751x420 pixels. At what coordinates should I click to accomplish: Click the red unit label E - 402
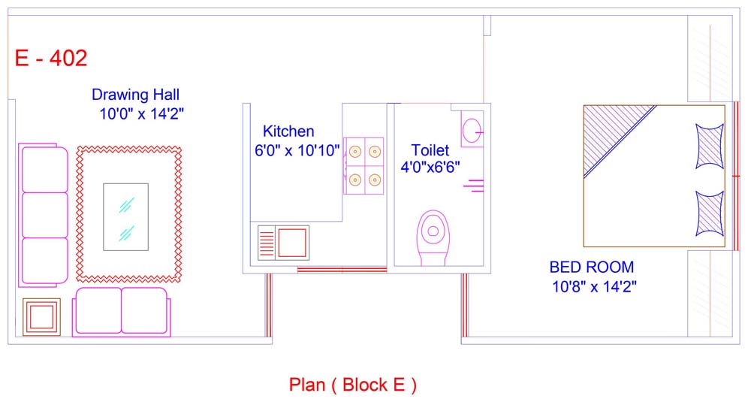pos(51,59)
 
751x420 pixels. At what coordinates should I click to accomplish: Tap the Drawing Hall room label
pos(135,95)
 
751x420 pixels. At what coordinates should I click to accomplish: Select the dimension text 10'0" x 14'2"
pos(141,114)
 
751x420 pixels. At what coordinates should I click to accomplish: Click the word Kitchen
pos(288,131)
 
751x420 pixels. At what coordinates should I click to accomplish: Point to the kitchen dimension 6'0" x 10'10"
pos(297,150)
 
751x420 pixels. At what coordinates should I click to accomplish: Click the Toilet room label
pos(430,150)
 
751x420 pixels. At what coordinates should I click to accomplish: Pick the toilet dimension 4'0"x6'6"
pos(430,167)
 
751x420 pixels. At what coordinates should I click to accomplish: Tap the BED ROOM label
pos(592,267)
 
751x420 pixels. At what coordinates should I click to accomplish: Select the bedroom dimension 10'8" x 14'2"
pos(594,287)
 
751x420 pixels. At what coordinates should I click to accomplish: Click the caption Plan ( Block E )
pos(352,385)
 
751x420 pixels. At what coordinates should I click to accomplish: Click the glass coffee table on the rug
pos(126,217)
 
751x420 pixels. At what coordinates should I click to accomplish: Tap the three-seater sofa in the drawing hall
pos(43,215)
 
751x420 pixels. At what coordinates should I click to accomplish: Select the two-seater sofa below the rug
pos(121,312)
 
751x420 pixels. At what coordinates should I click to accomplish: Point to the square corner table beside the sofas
pos(41,316)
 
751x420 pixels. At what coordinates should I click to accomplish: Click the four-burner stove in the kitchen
pos(363,166)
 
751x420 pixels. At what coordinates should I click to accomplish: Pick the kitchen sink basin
pos(292,243)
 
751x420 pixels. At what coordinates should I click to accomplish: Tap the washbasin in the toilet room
pos(472,130)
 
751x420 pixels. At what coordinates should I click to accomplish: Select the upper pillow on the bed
pos(710,146)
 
